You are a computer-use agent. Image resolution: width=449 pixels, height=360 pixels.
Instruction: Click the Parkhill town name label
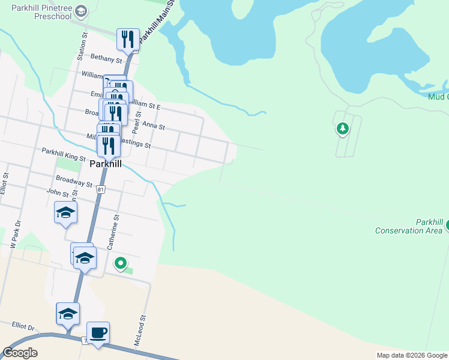105,163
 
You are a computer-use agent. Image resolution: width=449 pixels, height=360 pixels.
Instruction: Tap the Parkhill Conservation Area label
408,226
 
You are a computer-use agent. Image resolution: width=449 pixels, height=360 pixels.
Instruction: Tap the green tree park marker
342,128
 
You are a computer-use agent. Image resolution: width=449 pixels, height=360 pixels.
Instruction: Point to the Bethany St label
106,59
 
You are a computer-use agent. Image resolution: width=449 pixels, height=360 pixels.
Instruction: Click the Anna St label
154,127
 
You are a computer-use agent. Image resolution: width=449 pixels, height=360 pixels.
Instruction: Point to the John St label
58,193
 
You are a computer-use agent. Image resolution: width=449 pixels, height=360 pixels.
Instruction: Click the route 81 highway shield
101,190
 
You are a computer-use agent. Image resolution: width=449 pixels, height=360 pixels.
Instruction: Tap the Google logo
20,352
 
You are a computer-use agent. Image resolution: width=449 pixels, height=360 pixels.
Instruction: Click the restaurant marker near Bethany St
127,40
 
